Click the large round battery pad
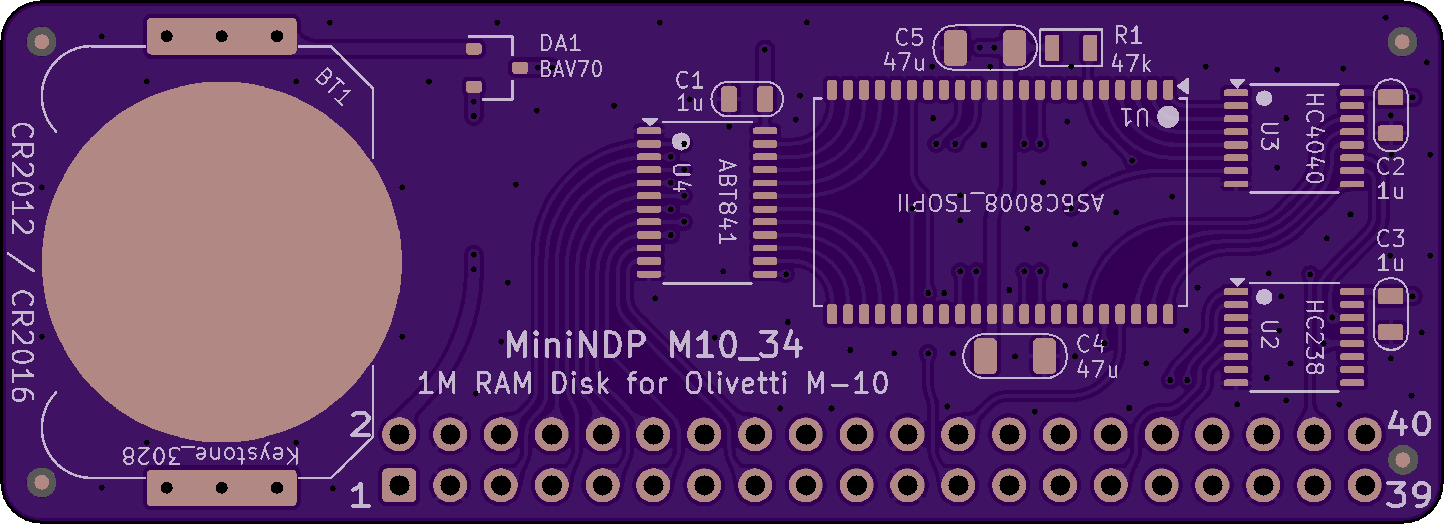pos(222,261)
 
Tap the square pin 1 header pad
pos(399,485)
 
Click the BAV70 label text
pos(571,69)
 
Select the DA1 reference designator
pos(560,43)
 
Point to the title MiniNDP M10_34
pos(654,344)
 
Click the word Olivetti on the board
pos(736,384)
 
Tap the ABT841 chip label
pos(727,201)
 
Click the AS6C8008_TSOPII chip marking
pos(1001,202)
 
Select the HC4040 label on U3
pos(1314,138)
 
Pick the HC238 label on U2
pos(1314,337)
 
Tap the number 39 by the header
pos(1408,494)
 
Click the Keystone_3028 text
pos(210,455)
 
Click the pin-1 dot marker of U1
pos(1168,117)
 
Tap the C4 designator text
pos(1090,343)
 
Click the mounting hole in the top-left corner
pos(42,42)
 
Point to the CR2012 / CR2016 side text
pos(22,262)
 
